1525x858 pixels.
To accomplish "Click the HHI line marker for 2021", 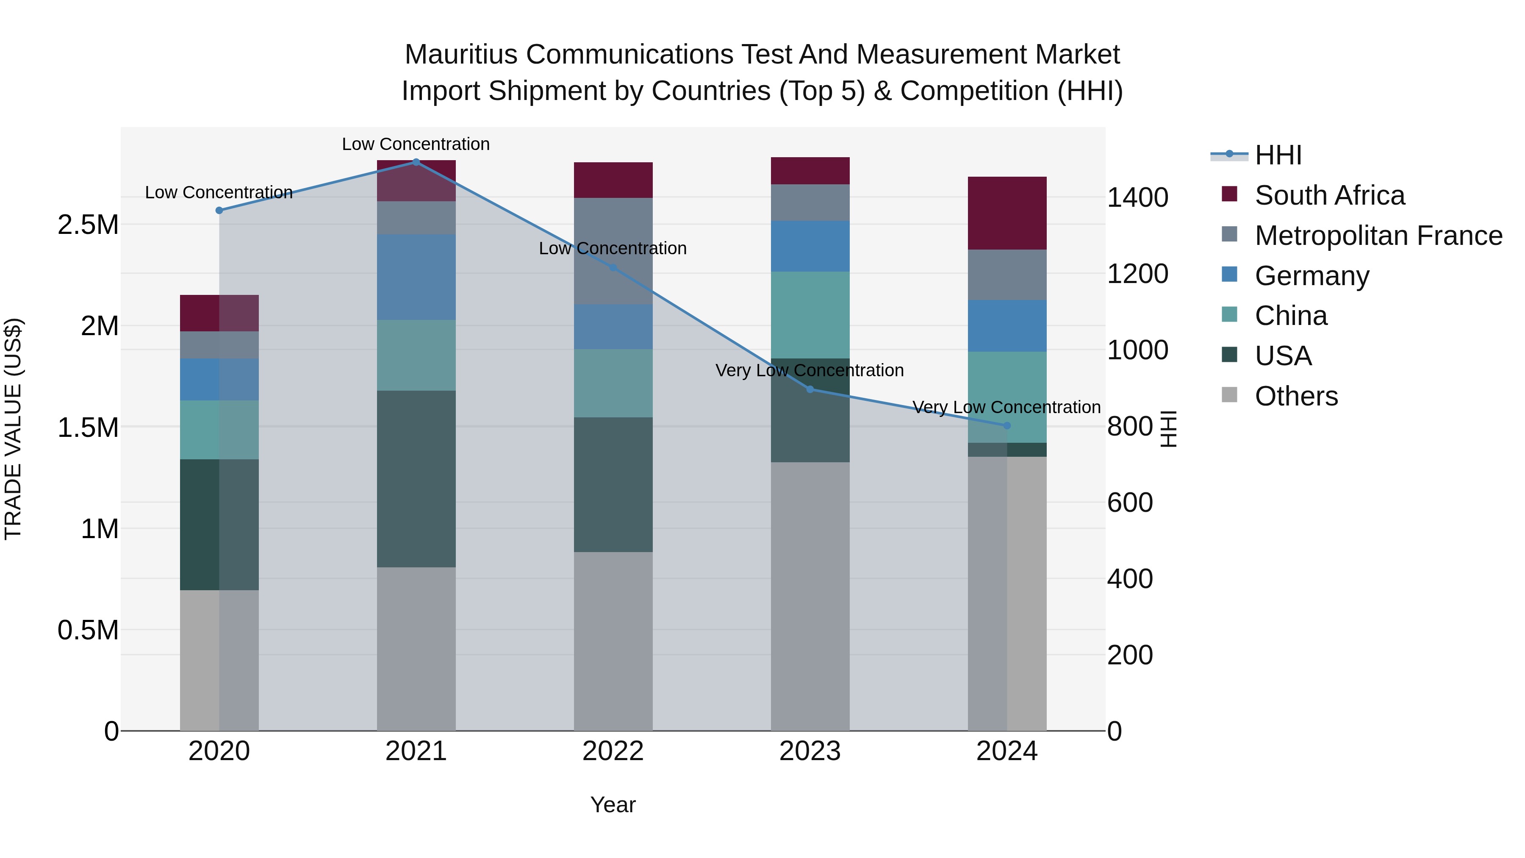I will [416, 162].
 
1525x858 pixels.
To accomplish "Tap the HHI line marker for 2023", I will [810, 389].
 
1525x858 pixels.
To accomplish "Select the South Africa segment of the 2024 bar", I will [1006, 213].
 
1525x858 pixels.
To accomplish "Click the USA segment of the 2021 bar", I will [416, 478].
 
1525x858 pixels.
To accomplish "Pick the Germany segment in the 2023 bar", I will [810, 246].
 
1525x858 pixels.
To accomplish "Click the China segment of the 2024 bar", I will [1006, 397].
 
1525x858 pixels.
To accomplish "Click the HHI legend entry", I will [1278, 155].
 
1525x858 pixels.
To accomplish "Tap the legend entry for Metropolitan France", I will [1378, 236].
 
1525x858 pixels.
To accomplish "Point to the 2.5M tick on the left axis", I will [88, 225].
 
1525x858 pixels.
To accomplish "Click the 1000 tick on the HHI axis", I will [1137, 350].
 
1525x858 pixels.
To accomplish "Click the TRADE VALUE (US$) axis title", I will [13, 429].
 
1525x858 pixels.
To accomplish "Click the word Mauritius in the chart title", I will [461, 55].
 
